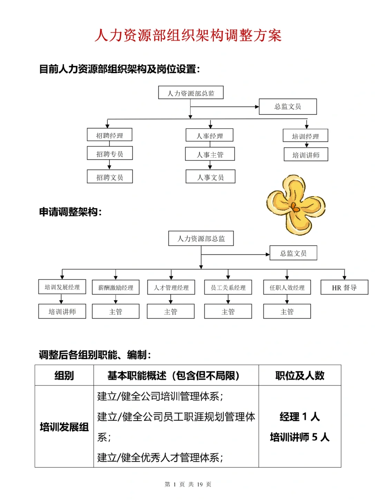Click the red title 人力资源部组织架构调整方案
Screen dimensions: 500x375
(x=188, y=35)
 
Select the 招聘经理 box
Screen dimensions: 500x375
(x=109, y=135)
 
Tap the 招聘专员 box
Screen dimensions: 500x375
(x=110, y=153)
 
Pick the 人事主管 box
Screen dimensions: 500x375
(x=210, y=154)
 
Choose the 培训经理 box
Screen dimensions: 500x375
(x=306, y=136)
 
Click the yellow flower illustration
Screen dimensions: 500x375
(x=296, y=205)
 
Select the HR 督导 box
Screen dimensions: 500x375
(x=344, y=287)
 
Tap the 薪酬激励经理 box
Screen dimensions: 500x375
(x=116, y=287)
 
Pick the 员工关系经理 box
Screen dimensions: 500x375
(x=228, y=287)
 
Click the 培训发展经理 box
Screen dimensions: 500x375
(x=62, y=287)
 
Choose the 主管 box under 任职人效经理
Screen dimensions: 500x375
(x=287, y=311)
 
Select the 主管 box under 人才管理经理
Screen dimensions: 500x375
(x=170, y=311)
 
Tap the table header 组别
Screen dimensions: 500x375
(x=64, y=375)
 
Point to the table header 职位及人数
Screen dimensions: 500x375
(x=300, y=375)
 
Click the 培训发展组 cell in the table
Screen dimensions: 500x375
(x=64, y=427)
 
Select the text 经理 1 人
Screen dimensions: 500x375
(x=300, y=416)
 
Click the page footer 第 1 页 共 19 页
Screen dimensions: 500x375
(x=188, y=484)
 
